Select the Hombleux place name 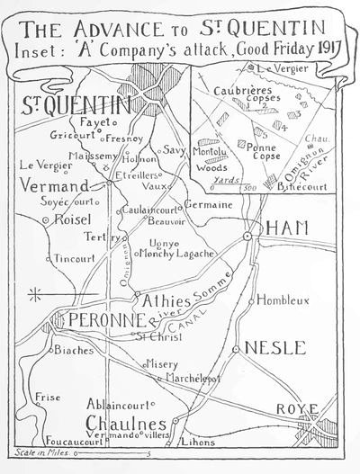coord(283,300)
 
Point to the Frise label coord(47,396)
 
